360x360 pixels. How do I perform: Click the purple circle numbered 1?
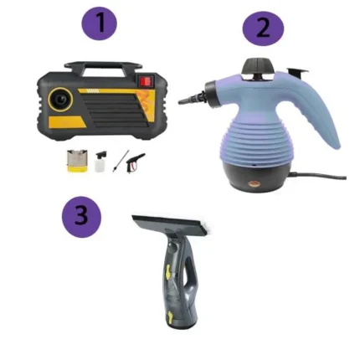[99, 23]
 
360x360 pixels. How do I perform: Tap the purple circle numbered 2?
[263, 28]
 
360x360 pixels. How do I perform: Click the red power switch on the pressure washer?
[146, 81]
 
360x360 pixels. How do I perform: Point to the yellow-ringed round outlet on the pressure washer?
[60, 100]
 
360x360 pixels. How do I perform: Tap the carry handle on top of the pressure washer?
[103, 67]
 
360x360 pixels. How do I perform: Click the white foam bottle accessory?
[100, 162]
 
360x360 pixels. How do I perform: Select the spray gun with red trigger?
[135, 162]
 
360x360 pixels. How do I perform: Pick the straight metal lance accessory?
[121, 161]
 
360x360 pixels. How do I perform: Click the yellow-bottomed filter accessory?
[77, 161]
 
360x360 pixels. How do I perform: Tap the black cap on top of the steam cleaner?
[257, 66]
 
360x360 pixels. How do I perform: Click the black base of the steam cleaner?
[257, 176]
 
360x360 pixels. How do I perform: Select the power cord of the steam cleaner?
[318, 177]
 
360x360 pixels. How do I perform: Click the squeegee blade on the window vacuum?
[171, 223]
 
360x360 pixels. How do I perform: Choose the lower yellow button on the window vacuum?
[170, 316]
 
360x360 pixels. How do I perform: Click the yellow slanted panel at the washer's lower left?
[67, 121]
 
